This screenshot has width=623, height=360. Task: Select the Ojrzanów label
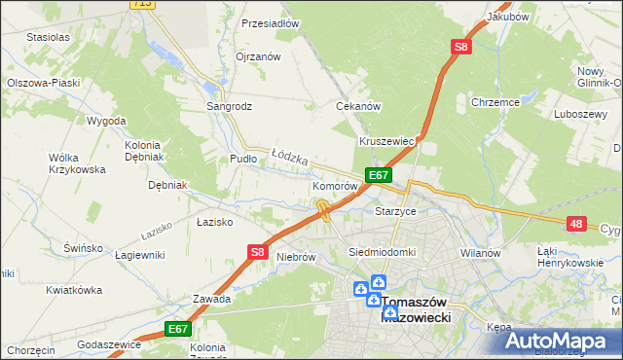tap(258, 56)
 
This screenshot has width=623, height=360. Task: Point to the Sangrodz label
tap(229, 106)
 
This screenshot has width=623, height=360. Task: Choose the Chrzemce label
tap(495, 101)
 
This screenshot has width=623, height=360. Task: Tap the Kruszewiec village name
tap(387, 141)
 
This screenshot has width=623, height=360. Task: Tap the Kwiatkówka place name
tap(74, 290)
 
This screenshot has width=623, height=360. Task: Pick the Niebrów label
tap(297, 258)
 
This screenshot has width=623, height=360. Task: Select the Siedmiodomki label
tap(383, 252)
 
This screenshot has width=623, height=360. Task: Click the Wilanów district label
tap(480, 253)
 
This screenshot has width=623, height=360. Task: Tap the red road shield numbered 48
tap(577, 224)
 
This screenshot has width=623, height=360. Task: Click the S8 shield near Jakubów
tap(460, 46)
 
